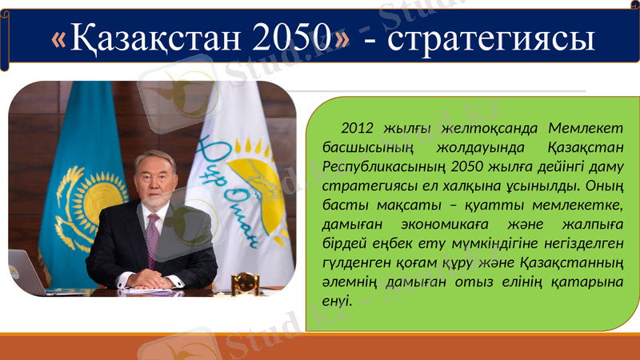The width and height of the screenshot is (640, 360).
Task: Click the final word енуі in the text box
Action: pos(336,302)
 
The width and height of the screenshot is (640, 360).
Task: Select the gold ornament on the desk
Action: pos(245,282)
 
